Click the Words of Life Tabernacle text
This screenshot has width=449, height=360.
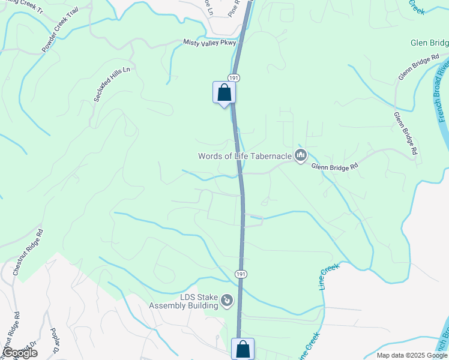(245, 157)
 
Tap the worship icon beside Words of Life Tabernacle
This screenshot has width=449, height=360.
(301, 156)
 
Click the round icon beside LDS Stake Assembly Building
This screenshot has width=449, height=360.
(226, 300)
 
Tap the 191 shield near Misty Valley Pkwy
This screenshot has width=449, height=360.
(234, 78)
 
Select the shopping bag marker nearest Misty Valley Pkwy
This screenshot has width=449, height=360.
(224, 93)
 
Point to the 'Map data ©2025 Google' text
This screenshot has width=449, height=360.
(411, 355)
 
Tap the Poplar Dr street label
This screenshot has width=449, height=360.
(55, 343)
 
